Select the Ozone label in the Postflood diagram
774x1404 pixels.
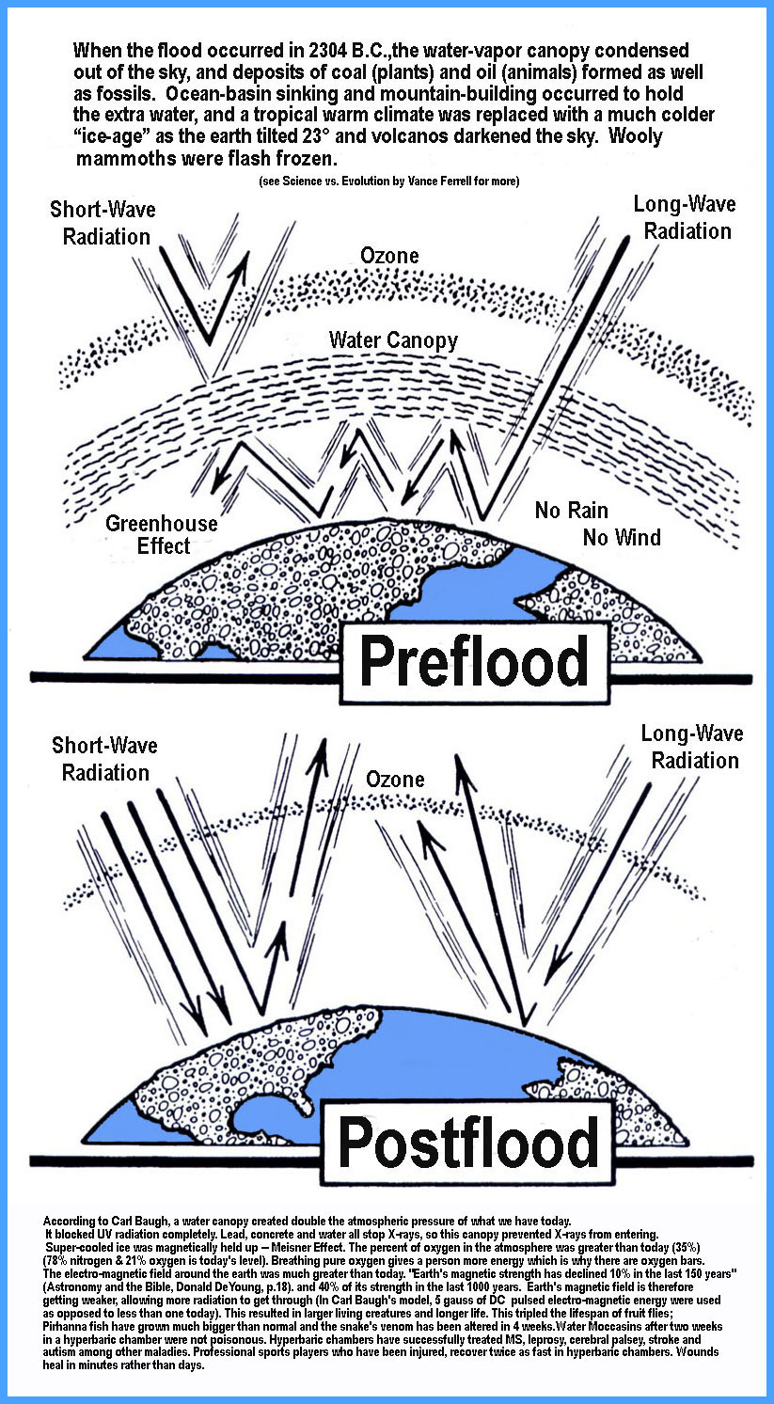394,779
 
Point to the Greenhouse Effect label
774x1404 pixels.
161,535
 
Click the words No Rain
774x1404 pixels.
571,511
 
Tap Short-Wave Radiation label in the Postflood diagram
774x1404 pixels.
105,759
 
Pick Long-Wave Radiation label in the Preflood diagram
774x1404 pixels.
684,217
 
